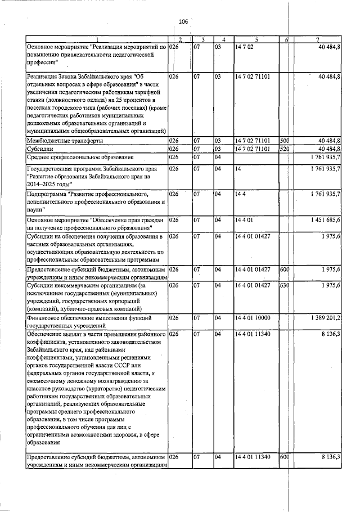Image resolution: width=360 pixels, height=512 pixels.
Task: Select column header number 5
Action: pyautogui.click(x=256, y=39)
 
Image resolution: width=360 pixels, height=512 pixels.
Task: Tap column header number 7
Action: pyautogui.click(x=318, y=39)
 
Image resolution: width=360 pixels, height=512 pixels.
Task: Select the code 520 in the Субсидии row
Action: pyautogui.click(x=284, y=149)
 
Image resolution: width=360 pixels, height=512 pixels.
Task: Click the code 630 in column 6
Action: pyautogui.click(x=284, y=286)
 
